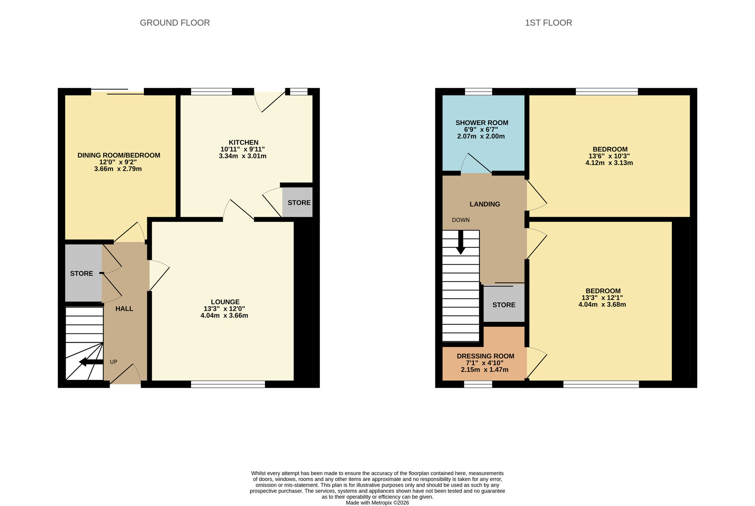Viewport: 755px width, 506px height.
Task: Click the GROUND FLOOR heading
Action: pyautogui.click(x=175, y=23)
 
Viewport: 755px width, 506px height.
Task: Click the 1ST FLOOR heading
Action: pyautogui.click(x=548, y=23)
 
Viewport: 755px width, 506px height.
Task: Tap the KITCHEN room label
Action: pyautogui.click(x=243, y=142)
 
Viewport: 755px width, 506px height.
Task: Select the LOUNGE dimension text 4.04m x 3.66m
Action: pyautogui.click(x=224, y=316)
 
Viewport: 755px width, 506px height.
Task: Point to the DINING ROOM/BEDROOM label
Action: pyautogui.click(x=119, y=155)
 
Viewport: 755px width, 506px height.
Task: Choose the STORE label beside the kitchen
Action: pyautogui.click(x=299, y=203)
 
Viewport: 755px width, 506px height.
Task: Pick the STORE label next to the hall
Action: pyautogui.click(x=82, y=273)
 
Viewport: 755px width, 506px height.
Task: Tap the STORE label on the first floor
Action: pyautogui.click(x=504, y=305)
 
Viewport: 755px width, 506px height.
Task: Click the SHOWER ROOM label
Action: pyautogui.click(x=482, y=123)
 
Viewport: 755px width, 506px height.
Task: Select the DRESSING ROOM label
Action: pyautogui.click(x=485, y=356)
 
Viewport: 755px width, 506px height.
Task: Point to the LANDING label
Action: pyautogui.click(x=485, y=204)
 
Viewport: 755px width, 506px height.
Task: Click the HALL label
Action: pyautogui.click(x=124, y=309)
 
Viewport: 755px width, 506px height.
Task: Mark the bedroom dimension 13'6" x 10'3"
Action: pyautogui.click(x=609, y=156)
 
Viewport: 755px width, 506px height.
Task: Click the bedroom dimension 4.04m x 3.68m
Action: pyautogui.click(x=602, y=305)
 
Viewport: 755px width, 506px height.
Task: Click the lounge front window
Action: pyautogui.click(x=228, y=384)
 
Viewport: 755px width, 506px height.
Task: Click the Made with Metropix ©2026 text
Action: pyautogui.click(x=377, y=503)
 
